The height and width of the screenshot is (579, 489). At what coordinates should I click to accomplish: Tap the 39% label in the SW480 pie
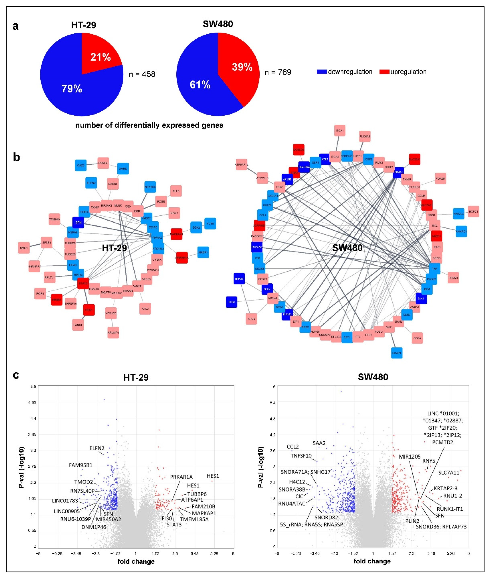click(x=242, y=67)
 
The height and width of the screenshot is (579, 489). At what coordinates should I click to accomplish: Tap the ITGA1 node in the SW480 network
click(x=340, y=131)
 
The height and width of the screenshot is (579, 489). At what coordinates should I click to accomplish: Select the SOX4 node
click(x=417, y=338)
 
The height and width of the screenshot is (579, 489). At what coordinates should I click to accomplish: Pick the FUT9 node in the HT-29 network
click(x=210, y=223)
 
